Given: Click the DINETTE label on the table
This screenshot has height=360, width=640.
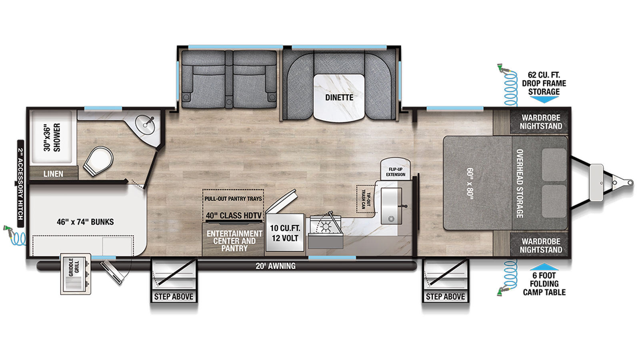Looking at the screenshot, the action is click(x=339, y=98).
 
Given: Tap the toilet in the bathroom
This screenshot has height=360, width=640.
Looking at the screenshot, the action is click(x=98, y=161).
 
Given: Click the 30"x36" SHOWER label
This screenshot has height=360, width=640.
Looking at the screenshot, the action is click(x=52, y=138).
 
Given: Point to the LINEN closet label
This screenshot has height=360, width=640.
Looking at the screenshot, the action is click(x=54, y=174).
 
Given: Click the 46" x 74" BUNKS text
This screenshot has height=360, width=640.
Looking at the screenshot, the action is click(x=85, y=222).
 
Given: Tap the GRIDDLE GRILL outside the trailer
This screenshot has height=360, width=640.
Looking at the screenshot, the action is click(x=76, y=274).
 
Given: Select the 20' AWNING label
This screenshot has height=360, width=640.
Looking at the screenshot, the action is click(x=276, y=266).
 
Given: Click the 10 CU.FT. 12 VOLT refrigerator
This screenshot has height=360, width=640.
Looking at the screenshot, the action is click(x=285, y=232).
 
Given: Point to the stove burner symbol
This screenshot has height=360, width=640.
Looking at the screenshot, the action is click(x=326, y=228).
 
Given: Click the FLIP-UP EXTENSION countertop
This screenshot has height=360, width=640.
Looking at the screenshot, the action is click(x=396, y=169).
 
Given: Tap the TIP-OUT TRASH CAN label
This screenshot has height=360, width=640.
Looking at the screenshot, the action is click(x=366, y=199).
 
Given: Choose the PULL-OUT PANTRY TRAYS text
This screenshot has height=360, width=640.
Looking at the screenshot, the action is click(x=233, y=198).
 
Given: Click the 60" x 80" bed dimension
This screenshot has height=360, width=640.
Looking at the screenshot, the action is click(x=470, y=183).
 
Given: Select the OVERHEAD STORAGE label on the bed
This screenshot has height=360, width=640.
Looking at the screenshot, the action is click(x=520, y=184).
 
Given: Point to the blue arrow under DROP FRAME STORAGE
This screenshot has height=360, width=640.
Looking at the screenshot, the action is click(x=544, y=100).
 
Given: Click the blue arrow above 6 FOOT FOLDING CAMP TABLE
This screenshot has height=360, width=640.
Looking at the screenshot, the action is click(x=544, y=266).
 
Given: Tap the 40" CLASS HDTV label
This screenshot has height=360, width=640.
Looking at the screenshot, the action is click(x=234, y=216).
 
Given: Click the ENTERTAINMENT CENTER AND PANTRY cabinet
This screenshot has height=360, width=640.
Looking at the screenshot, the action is click(x=233, y=240).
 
